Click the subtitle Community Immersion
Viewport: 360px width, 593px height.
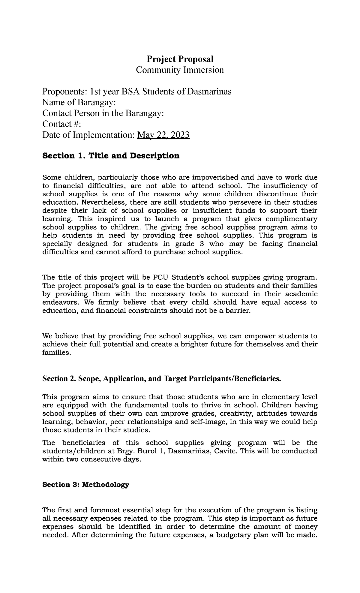(x=180, y=70)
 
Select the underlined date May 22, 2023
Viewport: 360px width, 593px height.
(x=163, y=135)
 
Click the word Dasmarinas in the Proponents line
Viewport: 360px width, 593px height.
(x=209, y=92)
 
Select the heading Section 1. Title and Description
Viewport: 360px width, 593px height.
(x=111, y=156)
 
